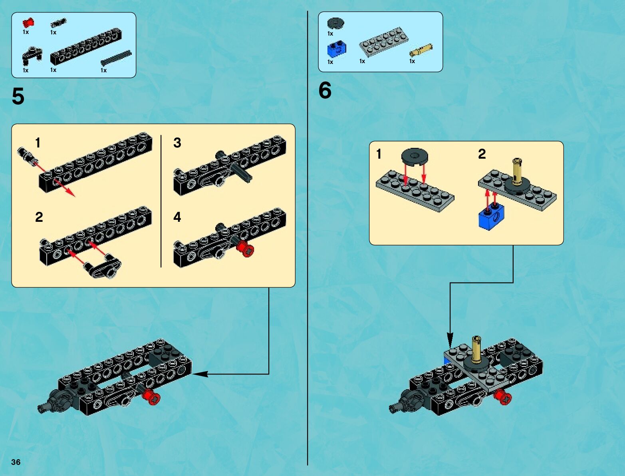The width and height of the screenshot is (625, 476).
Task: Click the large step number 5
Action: pyautogui.click(x=18, y=97)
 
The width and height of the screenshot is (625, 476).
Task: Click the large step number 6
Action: pyautogui.click(x=325, y=90)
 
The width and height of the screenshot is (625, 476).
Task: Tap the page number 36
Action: pyautogui.click(x=16, y=462)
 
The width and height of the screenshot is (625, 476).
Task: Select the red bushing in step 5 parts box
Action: pyautogui.click(x=28, y=23)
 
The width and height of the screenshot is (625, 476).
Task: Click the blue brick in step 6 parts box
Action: pyautogui.click(x=336, y=49)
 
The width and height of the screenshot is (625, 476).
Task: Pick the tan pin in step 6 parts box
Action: pyautogui.click(x=421, y=50)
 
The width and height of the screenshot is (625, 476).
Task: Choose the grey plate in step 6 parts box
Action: pyautogui.click(x=383, y=41)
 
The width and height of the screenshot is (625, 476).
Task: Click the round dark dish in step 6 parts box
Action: pyautogui.click(x=335, y=23)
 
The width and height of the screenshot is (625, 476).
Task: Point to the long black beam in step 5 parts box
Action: pyautogui.click(x=85, y=47)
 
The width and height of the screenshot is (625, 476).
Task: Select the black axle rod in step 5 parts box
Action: pyautogui.click(x=116, y=58)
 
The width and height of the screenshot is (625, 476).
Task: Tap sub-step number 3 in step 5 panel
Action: pyautogui.click(x=177, y=143)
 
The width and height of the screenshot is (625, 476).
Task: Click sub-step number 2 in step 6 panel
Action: pyautogui.click(x=482, y=154)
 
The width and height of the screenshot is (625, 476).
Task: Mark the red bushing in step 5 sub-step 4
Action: pyautogui.click(x=244, y=249)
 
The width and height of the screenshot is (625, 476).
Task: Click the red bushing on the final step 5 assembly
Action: pyautogui.click(x=151, y=396)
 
